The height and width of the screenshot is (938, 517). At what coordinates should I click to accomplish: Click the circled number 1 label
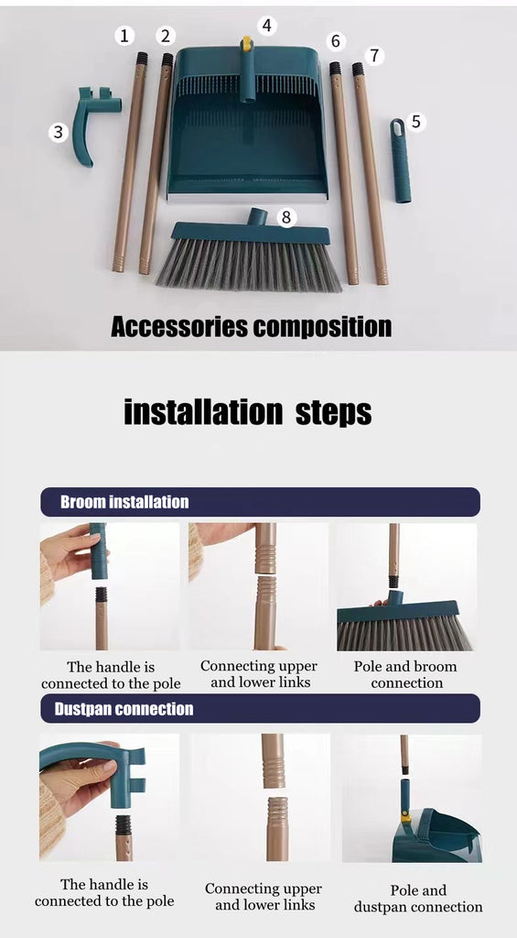tap(124, 36)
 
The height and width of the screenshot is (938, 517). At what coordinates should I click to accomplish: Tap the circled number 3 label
tap(58, 132)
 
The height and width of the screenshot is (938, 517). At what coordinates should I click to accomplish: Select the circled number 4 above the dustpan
tap(266, 26)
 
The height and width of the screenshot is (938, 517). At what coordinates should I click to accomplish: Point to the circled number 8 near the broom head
tap(286, 217)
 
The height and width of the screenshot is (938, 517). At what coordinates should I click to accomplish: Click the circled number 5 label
tap(416, 122)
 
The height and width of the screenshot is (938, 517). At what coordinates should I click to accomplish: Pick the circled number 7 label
tap(374, 56)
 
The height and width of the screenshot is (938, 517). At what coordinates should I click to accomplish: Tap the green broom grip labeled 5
tap(400, 160)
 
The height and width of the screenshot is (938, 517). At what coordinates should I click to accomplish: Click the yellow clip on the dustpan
tap(246, 43)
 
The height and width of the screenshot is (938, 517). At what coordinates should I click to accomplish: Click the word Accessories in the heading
tap(178, 327)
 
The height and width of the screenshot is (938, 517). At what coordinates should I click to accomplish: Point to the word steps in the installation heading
tap(333, 412)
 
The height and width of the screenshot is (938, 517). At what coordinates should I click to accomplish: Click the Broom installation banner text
tap(124, 501)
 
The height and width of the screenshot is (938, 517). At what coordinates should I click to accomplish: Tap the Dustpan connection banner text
tap(124, 709)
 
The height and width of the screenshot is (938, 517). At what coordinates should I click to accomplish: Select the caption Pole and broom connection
tap(405, 675)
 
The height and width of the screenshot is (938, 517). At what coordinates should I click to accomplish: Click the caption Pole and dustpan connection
tap(418, 899)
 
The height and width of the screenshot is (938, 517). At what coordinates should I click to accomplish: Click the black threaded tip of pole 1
tap(142, 59)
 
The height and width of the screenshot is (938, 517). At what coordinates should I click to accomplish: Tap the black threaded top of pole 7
tap(358, 69)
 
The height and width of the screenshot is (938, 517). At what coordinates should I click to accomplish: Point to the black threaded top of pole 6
tap(335, 68)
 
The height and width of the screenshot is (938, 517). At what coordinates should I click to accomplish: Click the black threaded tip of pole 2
tap(167, 60)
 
